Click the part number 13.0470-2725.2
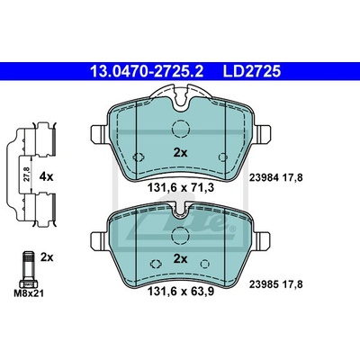[x=147, y=71]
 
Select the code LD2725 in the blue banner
[x=252, y=71]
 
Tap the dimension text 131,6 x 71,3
[x=181, y=188]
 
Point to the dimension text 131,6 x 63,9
[x=181, y=292]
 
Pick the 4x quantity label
[x=46, y=177]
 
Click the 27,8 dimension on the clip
[x=27, y=175]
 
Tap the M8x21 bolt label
[x=29, y=293]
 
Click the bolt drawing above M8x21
[x=28, y=270]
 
